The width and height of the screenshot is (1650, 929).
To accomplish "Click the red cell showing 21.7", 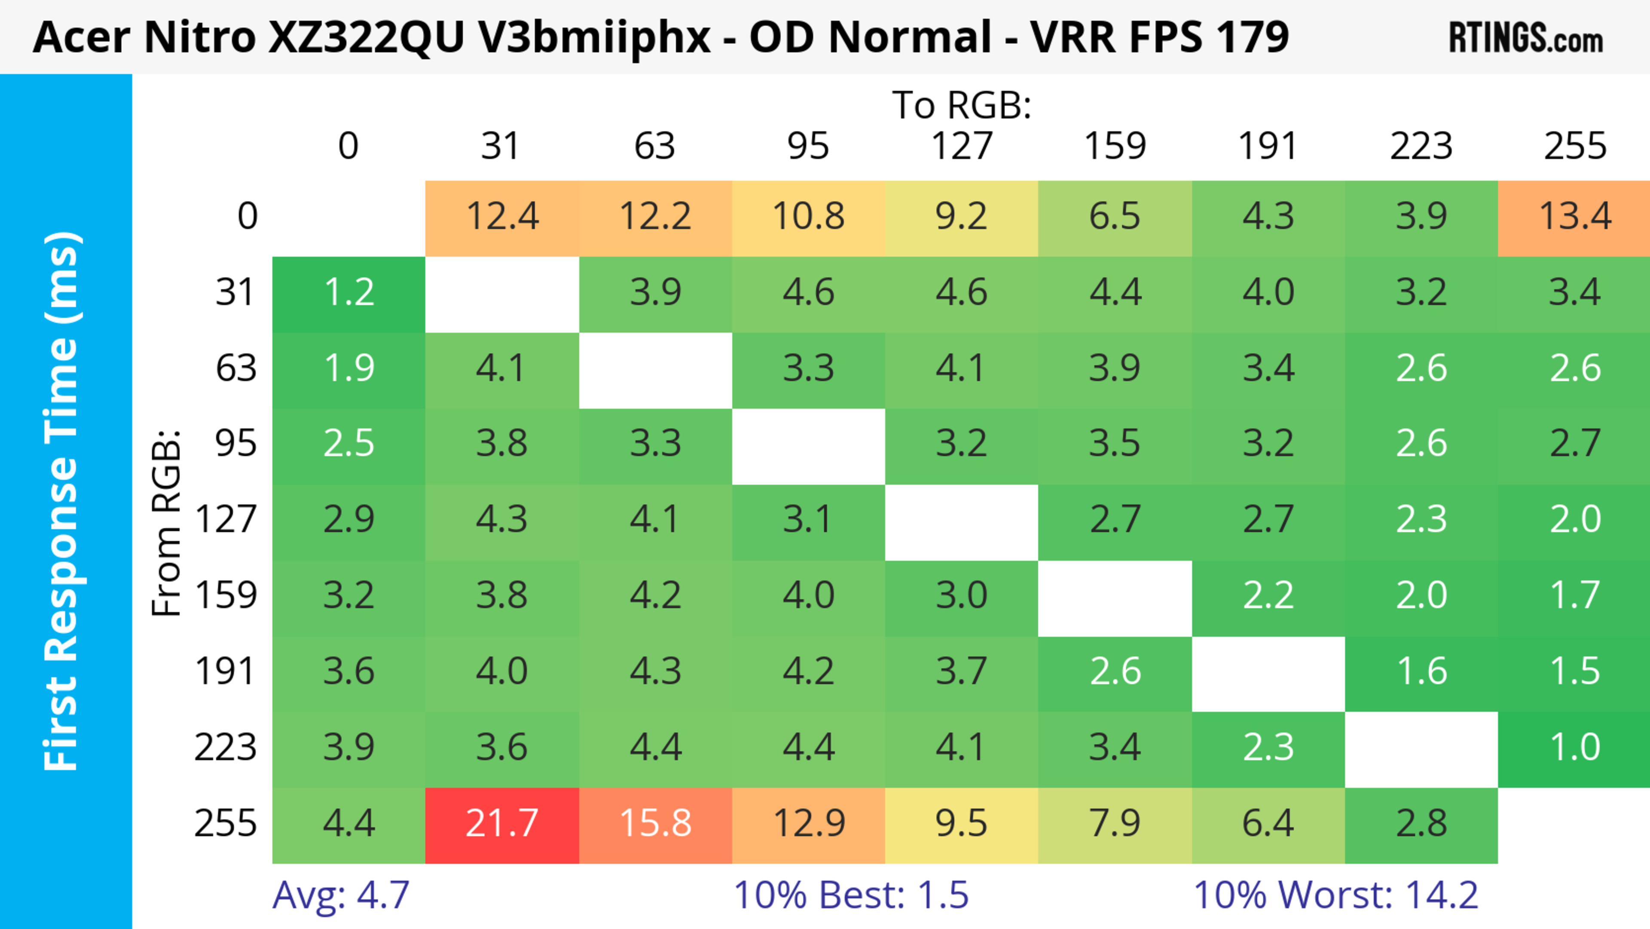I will coord(501,825).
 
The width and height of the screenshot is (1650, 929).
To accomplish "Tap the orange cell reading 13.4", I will coord(1574,217).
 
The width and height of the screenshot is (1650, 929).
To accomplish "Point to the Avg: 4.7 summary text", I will coord(341,895).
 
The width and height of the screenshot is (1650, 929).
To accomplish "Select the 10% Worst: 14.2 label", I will coord(1335,895).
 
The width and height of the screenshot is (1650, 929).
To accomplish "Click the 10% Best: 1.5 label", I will coord(851,895).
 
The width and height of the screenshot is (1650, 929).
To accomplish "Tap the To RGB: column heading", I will coord(962,105).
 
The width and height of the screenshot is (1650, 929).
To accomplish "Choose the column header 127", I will coord(962,146).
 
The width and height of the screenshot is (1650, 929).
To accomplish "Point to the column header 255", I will coord(1574,146).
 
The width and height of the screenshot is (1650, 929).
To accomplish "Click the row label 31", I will coord(235,293).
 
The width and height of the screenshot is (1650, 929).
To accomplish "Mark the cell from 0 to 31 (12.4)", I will coord(501,217).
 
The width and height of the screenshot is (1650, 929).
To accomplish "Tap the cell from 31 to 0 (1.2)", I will coord(348,293).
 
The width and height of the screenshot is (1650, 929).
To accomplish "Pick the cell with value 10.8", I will coord(808,217).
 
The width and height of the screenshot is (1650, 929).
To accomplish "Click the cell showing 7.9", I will coord(1115,825).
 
